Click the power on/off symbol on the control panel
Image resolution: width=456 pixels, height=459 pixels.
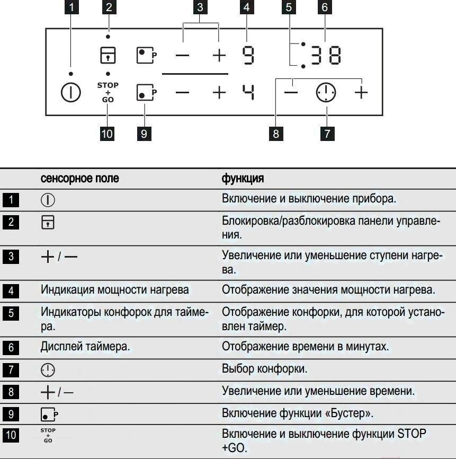click(x=71, y=93)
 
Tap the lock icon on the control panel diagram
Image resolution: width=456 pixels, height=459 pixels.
click(x=108, y=55)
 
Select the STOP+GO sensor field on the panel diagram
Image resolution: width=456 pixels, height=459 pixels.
click(x=108, y=92)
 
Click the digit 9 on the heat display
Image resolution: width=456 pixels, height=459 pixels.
click(x=248, y=55)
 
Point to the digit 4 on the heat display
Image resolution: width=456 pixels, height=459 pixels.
click(x=248, y=92)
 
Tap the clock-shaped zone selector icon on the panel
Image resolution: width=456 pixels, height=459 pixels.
click(x=326, y=93)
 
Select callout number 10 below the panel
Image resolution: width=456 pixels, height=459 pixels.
click(x=108, y=133)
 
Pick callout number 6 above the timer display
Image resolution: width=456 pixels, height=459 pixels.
click(x=325, y=7)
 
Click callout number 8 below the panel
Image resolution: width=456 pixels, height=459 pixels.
click(x=276, y=133)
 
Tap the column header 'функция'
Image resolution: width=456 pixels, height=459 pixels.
click(x=243, y=179)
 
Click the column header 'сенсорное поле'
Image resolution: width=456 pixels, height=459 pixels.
click(x=79, y=179)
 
